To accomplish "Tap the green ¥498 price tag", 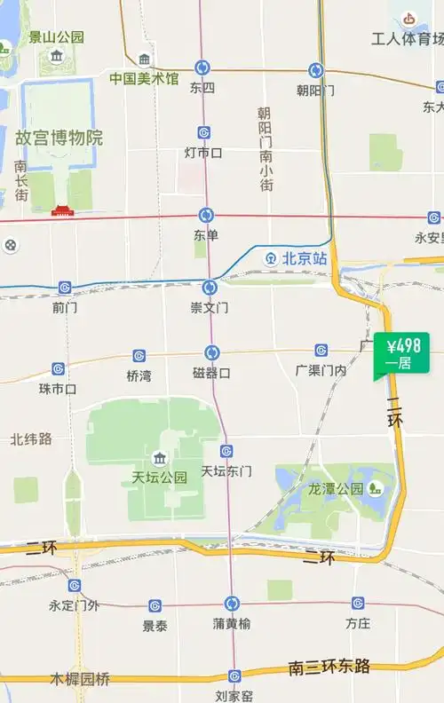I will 402,352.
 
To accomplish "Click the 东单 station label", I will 205,235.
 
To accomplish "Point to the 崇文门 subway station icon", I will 210,288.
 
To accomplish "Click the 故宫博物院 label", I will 59,138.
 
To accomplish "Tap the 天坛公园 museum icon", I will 160,459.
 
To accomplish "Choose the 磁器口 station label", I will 211,373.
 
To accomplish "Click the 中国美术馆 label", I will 144,79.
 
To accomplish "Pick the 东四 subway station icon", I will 202,68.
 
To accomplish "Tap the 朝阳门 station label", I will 315,90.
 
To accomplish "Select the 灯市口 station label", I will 203,153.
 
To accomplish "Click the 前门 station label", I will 65,307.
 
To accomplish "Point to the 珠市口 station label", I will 57,389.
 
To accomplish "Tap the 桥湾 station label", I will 139,375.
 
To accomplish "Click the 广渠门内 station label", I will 321,370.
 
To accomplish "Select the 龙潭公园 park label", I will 336,489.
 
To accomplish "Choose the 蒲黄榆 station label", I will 231,623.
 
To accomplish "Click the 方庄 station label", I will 358,623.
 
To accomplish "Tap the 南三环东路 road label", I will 329,667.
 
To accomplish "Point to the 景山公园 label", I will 56,37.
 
